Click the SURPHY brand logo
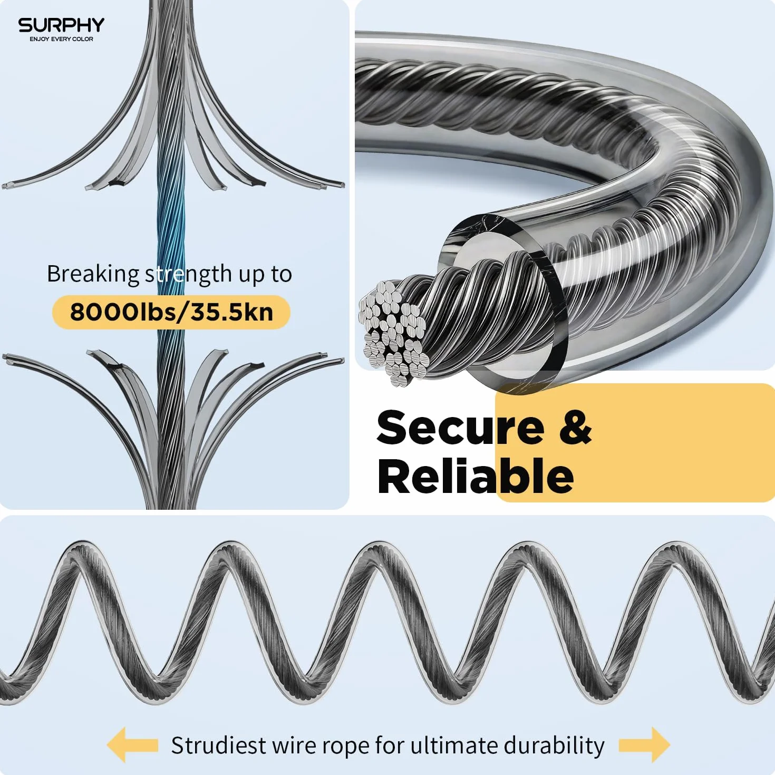pos(61,25)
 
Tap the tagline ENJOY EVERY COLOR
pos(61,39)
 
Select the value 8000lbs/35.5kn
pos(171,312)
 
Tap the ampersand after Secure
pos(576,427)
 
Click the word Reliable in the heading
pos(476,476)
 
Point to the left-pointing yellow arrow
pos(132,733)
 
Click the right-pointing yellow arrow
pos(644,733)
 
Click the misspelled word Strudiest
pos(218,734)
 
